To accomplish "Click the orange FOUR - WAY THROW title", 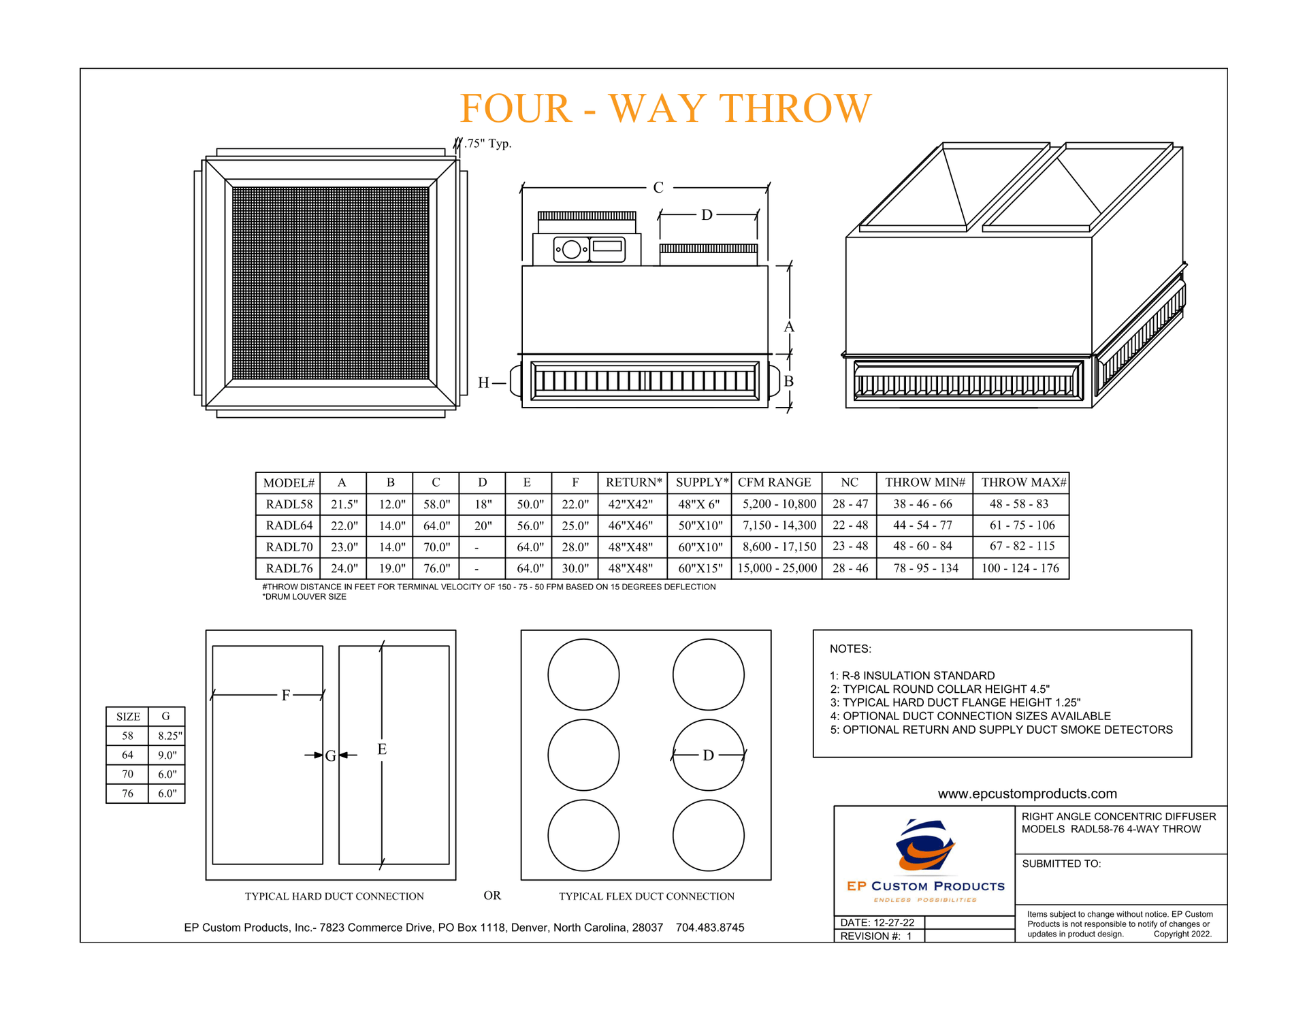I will (x=665, y=108).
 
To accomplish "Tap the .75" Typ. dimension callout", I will (x=487, y=144).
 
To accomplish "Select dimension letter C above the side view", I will (x=658, y=188).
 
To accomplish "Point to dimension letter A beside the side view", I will (x=789, y=327).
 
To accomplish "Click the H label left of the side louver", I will (x=484, y=383).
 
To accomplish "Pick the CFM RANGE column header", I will (x=775, y=483).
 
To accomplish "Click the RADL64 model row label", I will (x=289, y=525).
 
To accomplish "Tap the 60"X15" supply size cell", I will (x=700, y=568).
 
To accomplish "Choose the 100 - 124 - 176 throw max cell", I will (x=1020, y=568).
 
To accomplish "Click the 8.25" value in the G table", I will (x=167, y=736).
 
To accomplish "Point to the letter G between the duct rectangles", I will (x=330, y=756).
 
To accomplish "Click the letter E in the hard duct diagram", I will (x=382, y=749).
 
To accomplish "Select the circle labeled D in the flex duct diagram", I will (x=708, y=755).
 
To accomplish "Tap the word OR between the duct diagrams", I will (x=492, y=896).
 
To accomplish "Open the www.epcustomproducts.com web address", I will (x=1027, y=794).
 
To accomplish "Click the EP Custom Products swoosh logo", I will (x=924, y=846).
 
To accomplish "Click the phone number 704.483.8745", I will (x=710, y=928).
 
